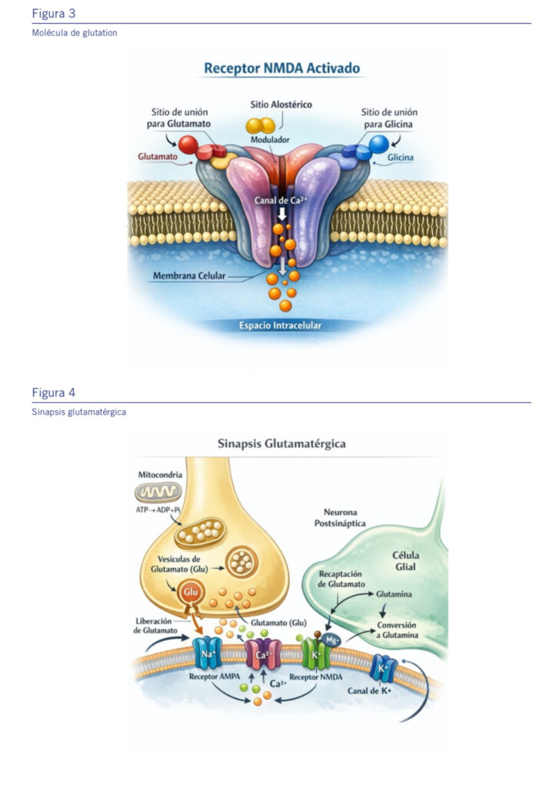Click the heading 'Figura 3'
pyautogui.click(x=54, y=14)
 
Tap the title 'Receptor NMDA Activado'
pyautogui.click(x=281, y=68)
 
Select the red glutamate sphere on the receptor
pyautogui.click(x=188, y=144)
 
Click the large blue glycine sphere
pyautogui.click(x=378, y=143)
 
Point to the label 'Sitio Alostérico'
pyautogui.click(x=281, y=104)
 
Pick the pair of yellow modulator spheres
pyautogui.click(x=260, y=125)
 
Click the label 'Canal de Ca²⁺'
pyautogui.click(x=281, y=201)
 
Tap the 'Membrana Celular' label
pyautogui.click(x=189, y=275)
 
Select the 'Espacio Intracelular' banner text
pyautogui.click(x=281, y=326)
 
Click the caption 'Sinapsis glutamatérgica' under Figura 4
pyautogui.click(x=79, y=412)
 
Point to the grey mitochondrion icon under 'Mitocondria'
pyautogui.click(x=158, y=492)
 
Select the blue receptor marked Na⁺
pyautogui.click(x=207, y=653)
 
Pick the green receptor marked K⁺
pyautogui.click(x=315, y=653)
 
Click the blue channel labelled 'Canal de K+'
pyautogui.click(x=382, y=669)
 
